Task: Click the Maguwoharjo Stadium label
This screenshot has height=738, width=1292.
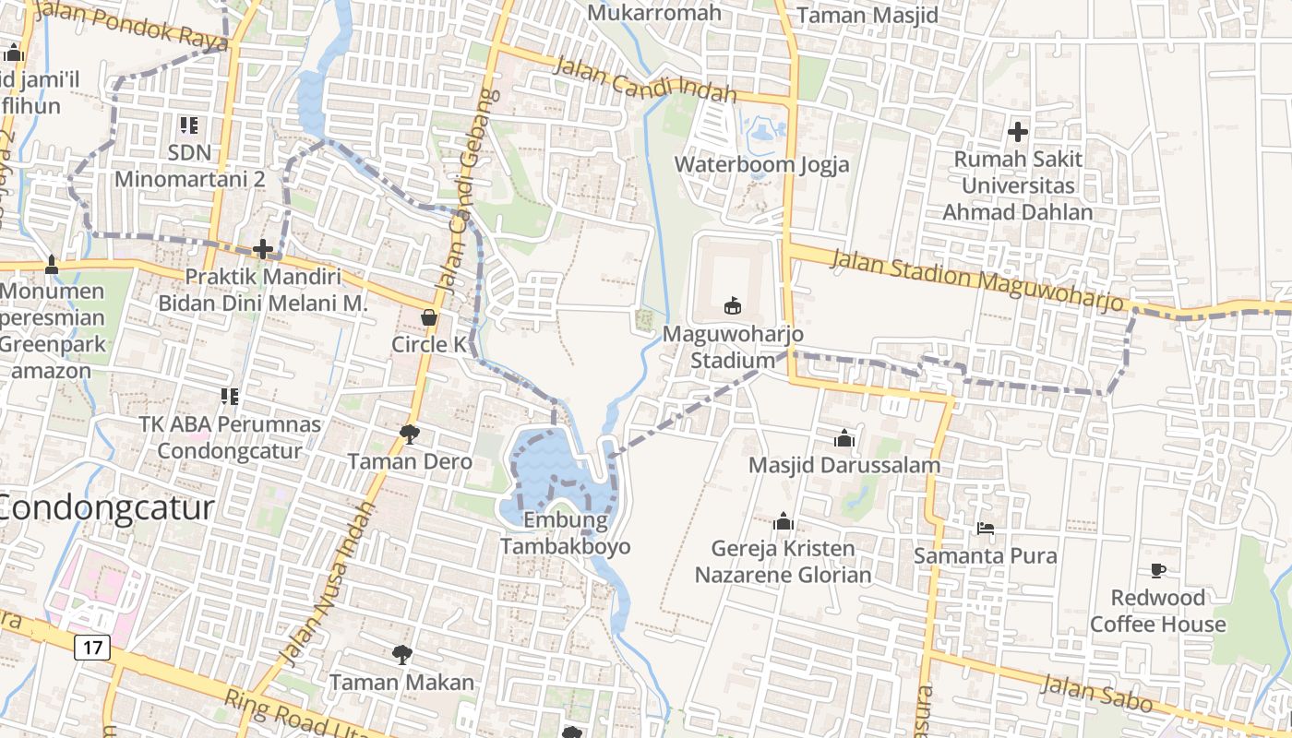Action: click(734, 347)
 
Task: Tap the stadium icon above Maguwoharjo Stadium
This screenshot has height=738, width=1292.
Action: click(734, 304)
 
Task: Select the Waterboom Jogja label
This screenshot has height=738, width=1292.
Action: click(761, 164)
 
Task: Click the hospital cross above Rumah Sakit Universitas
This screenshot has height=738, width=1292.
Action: click(1018, 132)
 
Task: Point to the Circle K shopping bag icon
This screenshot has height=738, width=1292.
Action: click(429, 317)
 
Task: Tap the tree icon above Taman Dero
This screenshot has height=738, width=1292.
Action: click(410, 434)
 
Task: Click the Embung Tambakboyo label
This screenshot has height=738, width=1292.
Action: click(566, 533)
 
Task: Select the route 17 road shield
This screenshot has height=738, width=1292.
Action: click(92, 647)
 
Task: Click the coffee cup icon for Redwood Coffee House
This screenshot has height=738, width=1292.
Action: click(1158, 570)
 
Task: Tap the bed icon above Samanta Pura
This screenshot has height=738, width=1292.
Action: click(986, 529)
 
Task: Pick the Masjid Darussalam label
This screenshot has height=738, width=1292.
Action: click(844, 465)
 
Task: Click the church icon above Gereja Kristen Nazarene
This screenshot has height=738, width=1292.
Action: click(784, 521)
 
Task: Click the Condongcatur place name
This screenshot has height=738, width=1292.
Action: click(106, 507)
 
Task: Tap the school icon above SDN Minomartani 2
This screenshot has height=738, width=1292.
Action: click(189, 125)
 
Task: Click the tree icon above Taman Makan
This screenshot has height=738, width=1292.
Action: click(401, 655)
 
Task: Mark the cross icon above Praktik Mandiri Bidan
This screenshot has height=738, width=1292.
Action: click(263, 249)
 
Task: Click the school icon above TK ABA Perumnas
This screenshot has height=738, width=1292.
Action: click(230, 397)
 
